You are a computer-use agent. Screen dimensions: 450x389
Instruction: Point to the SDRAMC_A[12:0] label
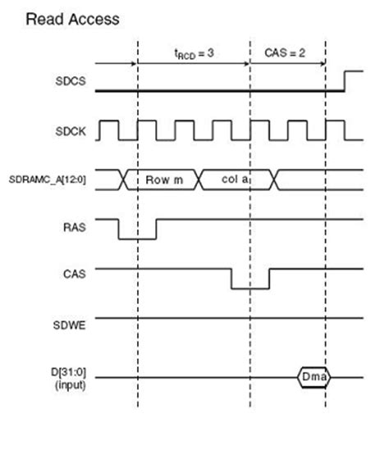(x=49, y=180)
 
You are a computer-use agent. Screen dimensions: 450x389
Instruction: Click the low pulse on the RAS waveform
(x=137, y=239)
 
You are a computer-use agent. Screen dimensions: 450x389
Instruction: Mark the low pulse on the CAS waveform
(x=249, y=289)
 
